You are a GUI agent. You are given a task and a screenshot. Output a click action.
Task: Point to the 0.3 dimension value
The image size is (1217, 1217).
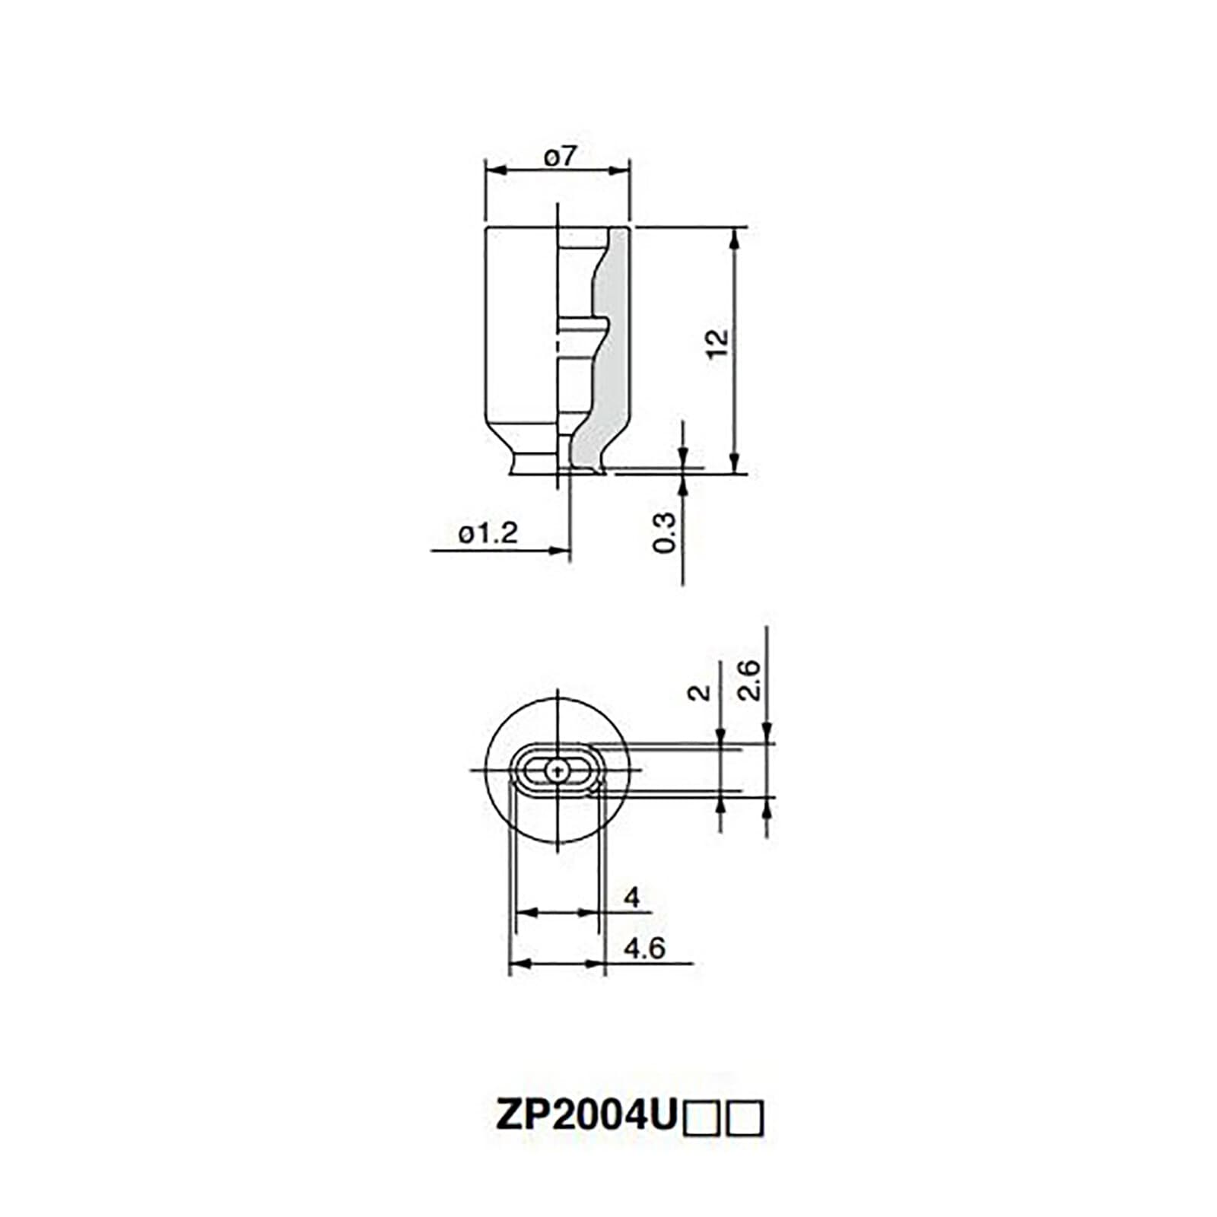[664, 532]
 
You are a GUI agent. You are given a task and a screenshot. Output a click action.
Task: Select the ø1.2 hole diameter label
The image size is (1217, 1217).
[488, 533]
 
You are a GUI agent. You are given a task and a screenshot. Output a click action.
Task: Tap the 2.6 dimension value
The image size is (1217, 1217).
[749, 679]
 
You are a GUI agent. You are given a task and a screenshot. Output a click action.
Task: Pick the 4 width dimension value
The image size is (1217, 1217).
[631, 898]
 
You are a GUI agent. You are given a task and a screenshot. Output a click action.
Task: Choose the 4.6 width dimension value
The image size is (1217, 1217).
[644, 948]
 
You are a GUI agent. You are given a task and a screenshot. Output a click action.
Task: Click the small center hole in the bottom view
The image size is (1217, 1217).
[558, 771]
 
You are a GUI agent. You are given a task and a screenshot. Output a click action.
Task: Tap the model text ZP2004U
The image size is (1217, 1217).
[586, 1116]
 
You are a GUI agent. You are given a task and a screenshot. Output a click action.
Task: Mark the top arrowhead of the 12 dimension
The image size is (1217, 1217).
[734, 237]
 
